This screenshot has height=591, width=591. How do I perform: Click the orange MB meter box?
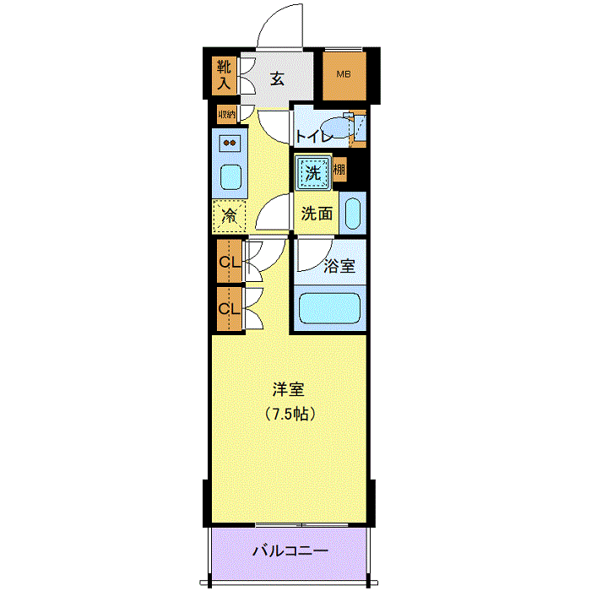344,74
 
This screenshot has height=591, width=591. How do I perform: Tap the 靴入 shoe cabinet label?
224,74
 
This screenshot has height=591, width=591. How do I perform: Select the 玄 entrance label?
277,79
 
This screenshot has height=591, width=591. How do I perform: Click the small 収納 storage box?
226,113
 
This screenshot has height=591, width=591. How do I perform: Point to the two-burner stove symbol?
230,143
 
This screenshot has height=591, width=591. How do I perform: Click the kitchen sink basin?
230,177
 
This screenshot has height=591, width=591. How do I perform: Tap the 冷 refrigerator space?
229,216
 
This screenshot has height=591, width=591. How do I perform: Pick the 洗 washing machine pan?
312,174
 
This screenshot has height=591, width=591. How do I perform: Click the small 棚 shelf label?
339,171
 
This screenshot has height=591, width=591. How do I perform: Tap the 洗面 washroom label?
317,214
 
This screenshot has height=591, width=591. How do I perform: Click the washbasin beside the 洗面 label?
354,213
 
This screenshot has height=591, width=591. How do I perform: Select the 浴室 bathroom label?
339,265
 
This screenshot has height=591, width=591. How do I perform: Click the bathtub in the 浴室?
330,309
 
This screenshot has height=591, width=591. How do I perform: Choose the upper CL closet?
226,262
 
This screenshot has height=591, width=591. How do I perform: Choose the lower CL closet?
226,308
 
